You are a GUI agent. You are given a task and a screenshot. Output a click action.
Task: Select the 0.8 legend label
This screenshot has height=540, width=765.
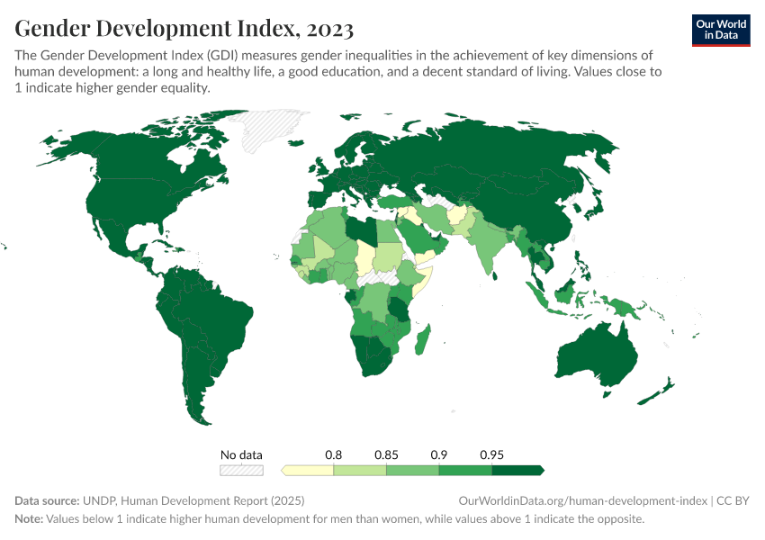tap(334, 454)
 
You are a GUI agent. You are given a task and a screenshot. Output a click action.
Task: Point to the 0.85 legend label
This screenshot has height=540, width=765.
tap(386, 454)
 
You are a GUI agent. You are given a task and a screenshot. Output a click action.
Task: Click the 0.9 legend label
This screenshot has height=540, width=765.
tap(439, 454)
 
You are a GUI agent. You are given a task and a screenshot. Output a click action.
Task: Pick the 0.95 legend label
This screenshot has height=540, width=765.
tap(491, 454)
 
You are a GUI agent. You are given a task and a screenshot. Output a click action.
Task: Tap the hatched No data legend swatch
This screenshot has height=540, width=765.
tap(242, 470)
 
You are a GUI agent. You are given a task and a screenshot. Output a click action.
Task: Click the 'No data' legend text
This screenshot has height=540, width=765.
tap(242, 454)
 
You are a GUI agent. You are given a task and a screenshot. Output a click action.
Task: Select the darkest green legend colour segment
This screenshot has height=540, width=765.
tap(517, 470)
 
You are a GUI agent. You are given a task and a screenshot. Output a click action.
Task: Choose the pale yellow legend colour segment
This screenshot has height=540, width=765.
tap(308, 470)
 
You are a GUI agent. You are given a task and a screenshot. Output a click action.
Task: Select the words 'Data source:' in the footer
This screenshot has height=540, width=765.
tap(47, 500)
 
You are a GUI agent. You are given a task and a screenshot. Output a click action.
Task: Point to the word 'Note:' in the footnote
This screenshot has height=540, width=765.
tap(31, 519)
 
